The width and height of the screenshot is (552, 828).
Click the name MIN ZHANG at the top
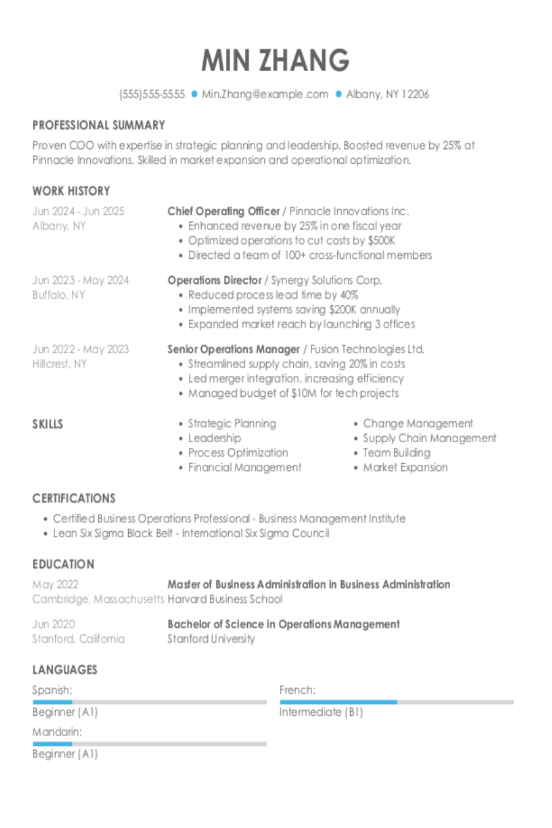[x=275, y=60]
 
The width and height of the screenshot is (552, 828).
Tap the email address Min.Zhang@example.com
[x=265, y=94]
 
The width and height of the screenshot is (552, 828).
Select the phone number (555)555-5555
[x=151, y=94]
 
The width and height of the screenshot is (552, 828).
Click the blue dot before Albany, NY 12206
[x=338, y=94]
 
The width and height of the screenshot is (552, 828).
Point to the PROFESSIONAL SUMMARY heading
[x=99, y=125]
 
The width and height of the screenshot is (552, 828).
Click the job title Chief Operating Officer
[x=223, y=211]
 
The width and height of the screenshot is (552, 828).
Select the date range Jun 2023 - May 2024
[x=80, y=280]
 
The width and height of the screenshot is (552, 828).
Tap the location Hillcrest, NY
[x=59, y=364]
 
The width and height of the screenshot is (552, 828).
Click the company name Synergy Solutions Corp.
[x=326, y=280]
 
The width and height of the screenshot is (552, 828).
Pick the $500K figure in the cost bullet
[x=381, y=240]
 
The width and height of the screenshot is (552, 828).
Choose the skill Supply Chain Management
[x=429, y=438]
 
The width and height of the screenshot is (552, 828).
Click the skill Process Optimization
[x=238, y=453]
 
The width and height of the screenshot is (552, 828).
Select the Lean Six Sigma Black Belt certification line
[x=191, y=533]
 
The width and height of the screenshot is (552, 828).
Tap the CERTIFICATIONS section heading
[x=74, y=498]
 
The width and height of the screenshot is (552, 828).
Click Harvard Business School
[x=224, y=599]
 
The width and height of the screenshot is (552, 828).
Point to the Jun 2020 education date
[x=53, y=624]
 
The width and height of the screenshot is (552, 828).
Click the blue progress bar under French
[x=338, y=702]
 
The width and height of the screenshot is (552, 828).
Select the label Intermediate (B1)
[x=321, y=712]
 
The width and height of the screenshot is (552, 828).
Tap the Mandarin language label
[x=56, y=732]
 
